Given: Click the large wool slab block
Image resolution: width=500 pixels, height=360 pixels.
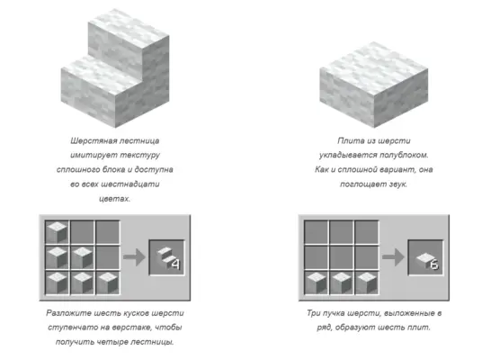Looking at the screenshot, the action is [x=374, y=85].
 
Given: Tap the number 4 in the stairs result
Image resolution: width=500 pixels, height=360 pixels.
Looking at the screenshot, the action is [x=175, y=264].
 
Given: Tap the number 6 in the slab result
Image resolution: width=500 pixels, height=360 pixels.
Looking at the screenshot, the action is [x=434, y=265].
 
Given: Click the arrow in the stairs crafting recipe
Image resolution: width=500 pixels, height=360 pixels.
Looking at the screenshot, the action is [x=134, y=257].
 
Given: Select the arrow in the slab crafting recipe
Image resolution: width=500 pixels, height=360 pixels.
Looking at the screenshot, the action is [x=393, y=257].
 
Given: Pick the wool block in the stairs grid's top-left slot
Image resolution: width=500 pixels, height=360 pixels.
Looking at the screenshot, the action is [x=57, y=232].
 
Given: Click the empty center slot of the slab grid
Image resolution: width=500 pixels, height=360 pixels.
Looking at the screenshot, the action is [x=341, y=257].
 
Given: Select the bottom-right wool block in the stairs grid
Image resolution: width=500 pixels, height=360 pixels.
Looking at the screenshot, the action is [x=108, y=283].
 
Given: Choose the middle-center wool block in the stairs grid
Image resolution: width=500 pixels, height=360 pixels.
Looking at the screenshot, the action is [x=82, y=257].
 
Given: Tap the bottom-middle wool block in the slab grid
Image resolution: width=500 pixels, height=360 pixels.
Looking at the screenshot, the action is [x=341, y=283].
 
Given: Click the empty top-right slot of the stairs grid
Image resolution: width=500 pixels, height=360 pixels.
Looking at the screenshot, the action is [x=108, y=232].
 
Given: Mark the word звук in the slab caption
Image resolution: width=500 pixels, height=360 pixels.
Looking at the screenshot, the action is [x=397, y=184].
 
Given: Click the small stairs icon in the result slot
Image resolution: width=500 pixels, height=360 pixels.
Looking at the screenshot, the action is [x=165, y=256].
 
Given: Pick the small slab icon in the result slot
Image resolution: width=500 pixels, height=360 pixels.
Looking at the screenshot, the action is [x=424, y=258].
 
